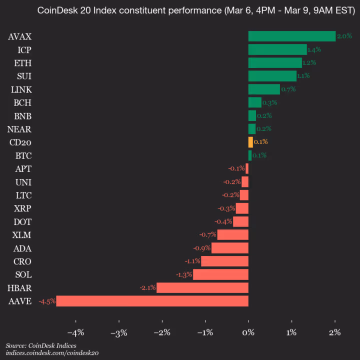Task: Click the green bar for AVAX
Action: coord(291,36)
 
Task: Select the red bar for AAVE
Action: coord(152,301)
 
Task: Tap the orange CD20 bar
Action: coord(250,142)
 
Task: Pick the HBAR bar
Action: coord(202,287)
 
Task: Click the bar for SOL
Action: coord(220,274)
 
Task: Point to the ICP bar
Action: coord(277,49)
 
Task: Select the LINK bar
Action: coord(264,89)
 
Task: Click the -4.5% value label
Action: coord(47,301)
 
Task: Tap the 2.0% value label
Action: coord(344,36)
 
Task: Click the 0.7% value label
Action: coord(288,89)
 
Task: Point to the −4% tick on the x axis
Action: coord(75,332)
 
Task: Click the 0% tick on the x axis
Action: coord(248,332)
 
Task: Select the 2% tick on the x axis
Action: coord(335,332)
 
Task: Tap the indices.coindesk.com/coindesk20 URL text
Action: coord(52,353)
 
